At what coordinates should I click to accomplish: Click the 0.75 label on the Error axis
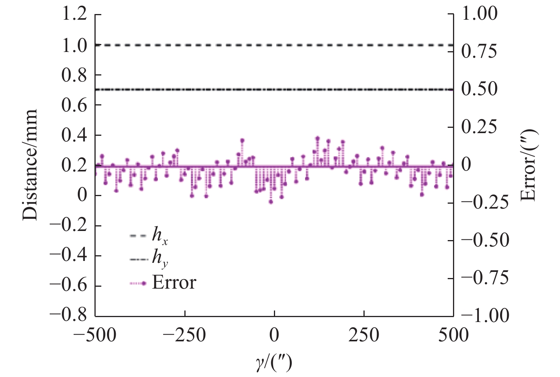coord(479,52)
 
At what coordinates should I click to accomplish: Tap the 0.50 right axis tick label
coord(479,90)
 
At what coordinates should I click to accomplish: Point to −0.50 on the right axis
coord(484,240)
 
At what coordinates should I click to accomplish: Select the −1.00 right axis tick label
coord(484,316)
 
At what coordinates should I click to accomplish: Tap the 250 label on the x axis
coord(364,336)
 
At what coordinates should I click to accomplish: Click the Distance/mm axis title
coord(30,165)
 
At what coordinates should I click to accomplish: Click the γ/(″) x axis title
coord(274,363)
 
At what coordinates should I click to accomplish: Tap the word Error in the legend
coord(174,283)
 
